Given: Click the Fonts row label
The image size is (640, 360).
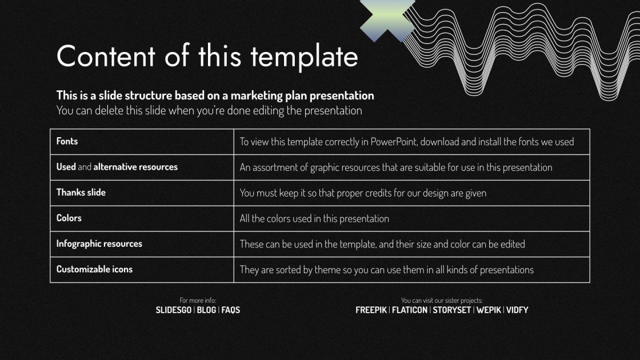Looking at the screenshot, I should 67,141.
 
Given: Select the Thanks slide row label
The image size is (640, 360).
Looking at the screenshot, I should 81,193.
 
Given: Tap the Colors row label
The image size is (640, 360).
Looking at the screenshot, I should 69,218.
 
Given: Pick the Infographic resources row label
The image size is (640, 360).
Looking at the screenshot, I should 99,243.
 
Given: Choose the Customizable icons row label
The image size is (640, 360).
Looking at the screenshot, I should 94,269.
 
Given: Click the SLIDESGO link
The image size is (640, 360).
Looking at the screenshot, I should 174,310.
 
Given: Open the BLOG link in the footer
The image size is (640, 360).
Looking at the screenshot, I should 206,310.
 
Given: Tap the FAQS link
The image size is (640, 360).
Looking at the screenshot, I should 231,310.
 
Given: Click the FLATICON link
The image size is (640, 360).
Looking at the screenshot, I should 409,310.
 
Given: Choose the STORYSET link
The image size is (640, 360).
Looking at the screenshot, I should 451,310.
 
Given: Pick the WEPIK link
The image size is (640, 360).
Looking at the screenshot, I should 489,310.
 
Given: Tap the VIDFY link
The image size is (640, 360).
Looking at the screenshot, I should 517,310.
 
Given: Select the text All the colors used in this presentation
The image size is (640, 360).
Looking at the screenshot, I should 314,218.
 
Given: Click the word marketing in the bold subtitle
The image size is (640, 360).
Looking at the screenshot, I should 256,95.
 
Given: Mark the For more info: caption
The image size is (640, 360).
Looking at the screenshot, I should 198,301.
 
